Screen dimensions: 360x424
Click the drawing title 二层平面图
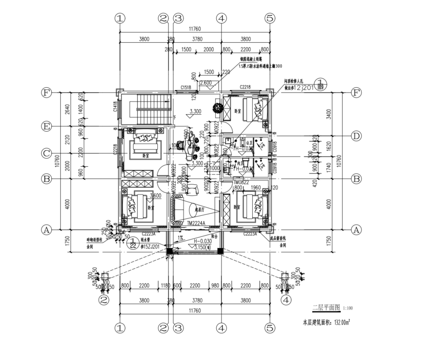(x=326, y=308)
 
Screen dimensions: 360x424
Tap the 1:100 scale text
(x=348, y=309)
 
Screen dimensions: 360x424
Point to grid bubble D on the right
(x=356, y=136)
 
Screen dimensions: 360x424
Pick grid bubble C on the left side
(x=46, y=153)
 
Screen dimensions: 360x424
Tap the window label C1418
(x=115, y=107)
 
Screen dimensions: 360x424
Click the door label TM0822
(x=241, y=182)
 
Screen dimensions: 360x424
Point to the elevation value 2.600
(x=205, y=83)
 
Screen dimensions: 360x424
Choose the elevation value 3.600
(x=155, y=196)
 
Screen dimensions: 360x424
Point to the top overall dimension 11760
(x=194, y=30)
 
